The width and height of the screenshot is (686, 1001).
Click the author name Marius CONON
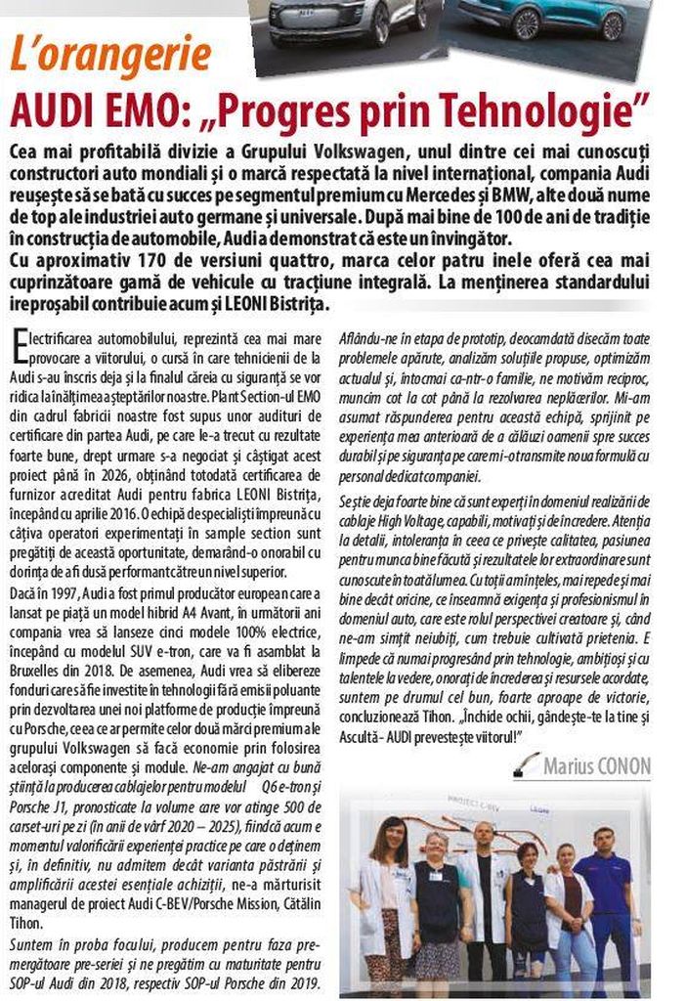[x=596, y=763]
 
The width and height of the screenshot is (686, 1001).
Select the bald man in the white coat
[x=485, y=894]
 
